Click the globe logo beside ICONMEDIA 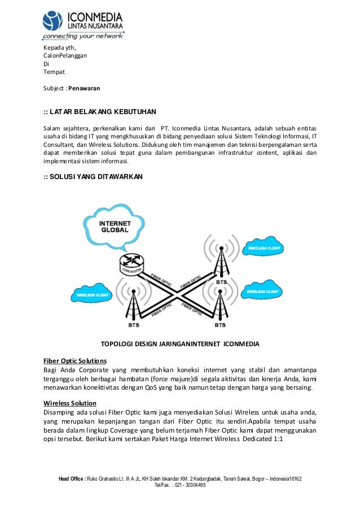click(53, 21)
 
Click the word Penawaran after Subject click(84, 89)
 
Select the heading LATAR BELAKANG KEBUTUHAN click(100, 111)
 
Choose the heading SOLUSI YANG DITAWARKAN click(93, 177)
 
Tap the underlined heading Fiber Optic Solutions click(75, 360)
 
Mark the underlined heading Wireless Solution click(70, 403)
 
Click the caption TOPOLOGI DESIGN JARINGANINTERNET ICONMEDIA click(179, 343)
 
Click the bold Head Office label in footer click(72, 479)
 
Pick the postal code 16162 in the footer click(294, 479)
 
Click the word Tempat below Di click(54, 72)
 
